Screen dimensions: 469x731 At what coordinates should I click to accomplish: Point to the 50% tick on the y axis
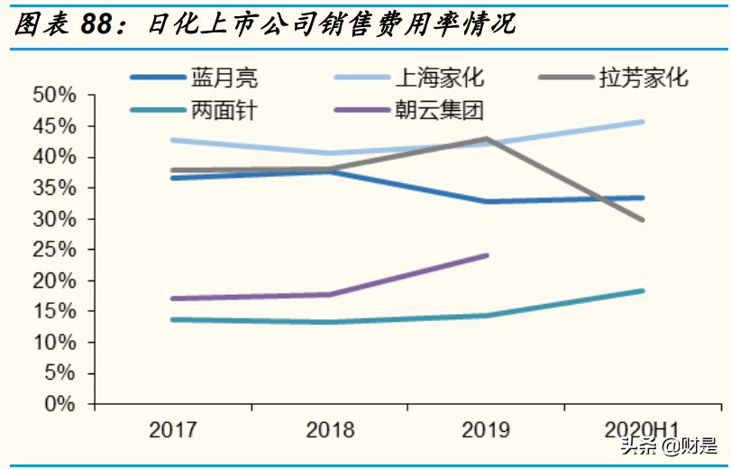(56, 96)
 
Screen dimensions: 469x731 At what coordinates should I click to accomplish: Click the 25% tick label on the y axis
(56, 250)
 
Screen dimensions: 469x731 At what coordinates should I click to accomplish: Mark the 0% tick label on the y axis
(61, 404)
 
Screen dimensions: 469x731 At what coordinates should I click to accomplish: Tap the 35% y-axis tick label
(56, 189)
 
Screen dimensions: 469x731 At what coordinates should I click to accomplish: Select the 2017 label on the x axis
(173, 430)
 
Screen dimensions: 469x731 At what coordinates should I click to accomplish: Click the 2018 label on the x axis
(330, 430)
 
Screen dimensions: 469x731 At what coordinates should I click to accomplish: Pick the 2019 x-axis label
(487, 430)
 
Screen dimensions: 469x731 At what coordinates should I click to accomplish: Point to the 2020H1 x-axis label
(643, 430)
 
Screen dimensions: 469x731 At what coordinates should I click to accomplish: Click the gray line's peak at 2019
(487, 139)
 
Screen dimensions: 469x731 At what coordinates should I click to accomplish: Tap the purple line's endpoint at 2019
(487, 255)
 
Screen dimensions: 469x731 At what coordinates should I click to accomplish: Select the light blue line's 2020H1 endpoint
(643, 122)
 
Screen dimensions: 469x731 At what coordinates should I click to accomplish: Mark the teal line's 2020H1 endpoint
(643, 290)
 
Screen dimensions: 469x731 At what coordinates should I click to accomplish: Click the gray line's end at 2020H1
(643, 219)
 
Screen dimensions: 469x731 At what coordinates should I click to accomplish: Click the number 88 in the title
(100, 25)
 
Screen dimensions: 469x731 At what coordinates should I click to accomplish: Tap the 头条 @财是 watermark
(668, 445)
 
